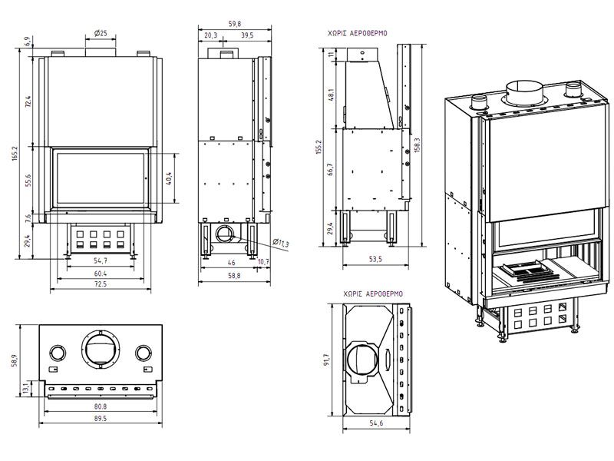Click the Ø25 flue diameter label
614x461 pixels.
pos(101,33)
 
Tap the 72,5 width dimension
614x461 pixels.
pos(101,285)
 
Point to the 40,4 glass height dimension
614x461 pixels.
pos(169,177)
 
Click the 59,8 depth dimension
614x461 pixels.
pos(234,23)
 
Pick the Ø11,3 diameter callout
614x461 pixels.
pos(281,244)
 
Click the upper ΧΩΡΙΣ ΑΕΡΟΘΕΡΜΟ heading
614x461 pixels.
pos(358,34)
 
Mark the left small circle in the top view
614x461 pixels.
pos(57,353)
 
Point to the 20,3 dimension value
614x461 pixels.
pos(211,35)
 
